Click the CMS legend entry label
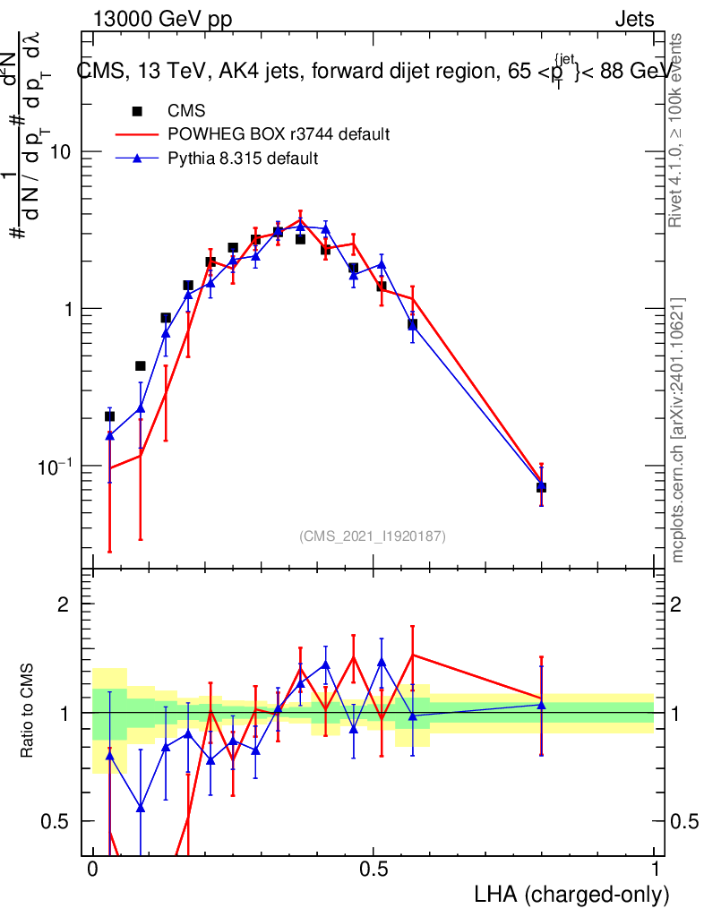click(186, 112)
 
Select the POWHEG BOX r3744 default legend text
click(279, 135)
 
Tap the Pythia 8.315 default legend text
click(243, 159)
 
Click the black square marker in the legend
click(137, 112)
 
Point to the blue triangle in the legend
click(137, 159)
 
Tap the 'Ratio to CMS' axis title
click(28, 712)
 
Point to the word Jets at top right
click(634, 19)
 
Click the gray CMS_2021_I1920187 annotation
click(373, 536)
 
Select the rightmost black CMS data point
click(541, 487)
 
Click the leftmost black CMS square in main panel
click(109, 416)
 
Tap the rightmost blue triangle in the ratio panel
click(541, 705)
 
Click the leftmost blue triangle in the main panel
click(109, 435)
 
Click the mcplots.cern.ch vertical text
click(679, 430)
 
